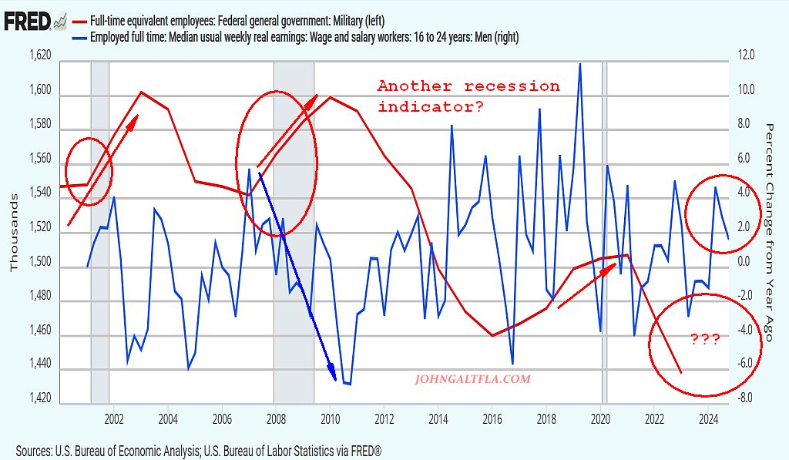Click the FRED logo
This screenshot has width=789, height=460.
pos(24,21)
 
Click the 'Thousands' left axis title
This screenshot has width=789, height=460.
pos(13,231)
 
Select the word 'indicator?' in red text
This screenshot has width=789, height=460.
pos(431,107)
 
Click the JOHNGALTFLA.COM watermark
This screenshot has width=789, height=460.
pos(472,379)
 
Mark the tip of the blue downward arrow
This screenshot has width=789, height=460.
pos(334,379)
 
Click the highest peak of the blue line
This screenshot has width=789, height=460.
pos(579,64)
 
